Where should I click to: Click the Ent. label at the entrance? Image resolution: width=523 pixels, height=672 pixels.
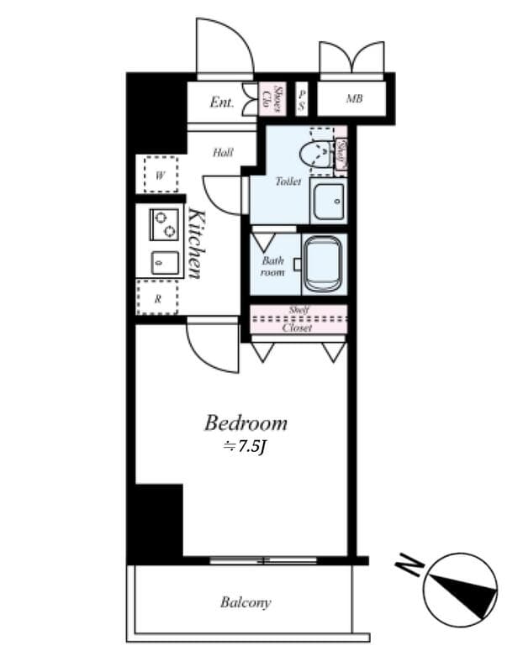222,102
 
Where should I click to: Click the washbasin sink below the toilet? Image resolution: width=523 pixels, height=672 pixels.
327,201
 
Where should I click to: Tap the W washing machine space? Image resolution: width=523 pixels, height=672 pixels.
160,175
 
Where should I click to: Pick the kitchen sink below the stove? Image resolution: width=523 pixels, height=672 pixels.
164,263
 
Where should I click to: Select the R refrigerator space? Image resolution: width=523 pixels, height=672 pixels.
158,297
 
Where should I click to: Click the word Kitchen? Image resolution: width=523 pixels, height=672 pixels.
195,243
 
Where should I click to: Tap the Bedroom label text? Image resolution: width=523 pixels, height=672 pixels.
246,423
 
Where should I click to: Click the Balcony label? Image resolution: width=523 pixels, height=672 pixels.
246,602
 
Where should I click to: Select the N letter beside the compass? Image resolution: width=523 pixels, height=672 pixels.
410,569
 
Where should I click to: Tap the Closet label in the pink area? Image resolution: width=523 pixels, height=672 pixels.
298,328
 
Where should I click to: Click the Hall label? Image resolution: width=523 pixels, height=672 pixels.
222,153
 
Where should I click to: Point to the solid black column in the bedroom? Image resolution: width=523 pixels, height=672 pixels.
158,521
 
